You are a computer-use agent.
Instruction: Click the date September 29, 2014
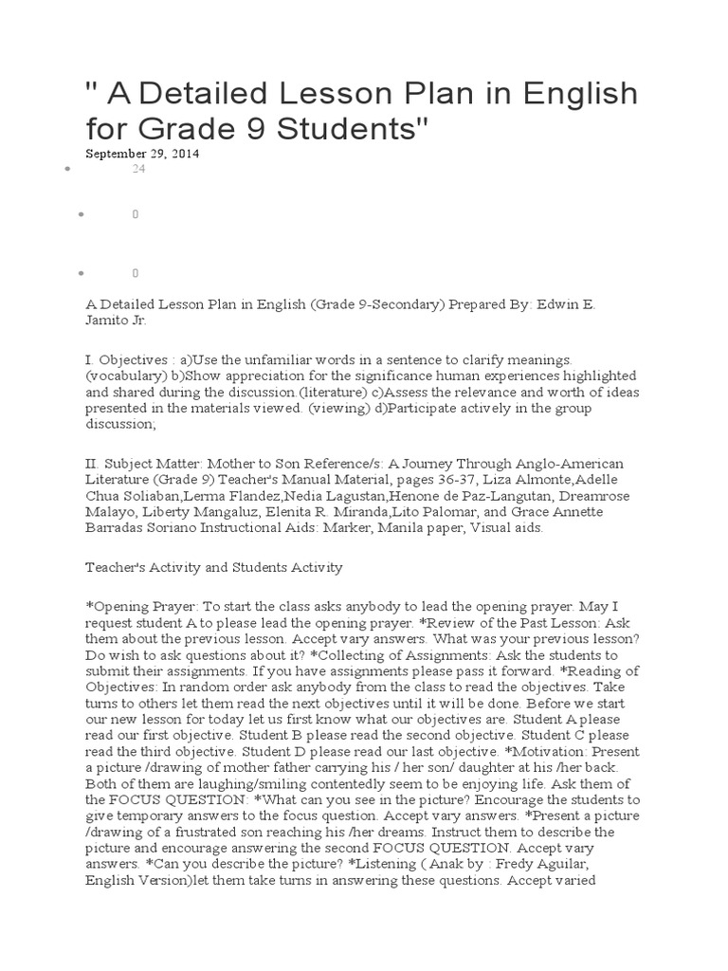[142, 153]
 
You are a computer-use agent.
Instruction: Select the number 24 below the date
[137, 169]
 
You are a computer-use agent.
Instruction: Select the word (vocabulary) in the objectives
[120, 376]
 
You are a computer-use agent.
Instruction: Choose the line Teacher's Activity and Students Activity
[213, 567]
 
